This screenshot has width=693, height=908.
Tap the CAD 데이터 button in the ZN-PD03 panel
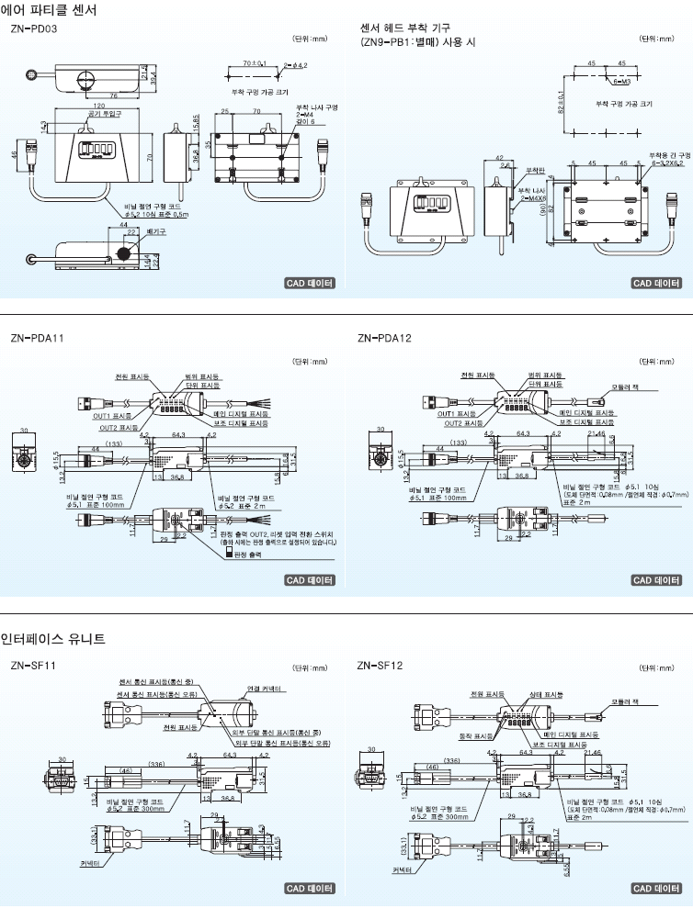[309, 283]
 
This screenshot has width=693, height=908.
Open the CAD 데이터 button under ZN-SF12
[656, 888]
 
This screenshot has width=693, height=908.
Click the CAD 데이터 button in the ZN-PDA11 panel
[309, 579]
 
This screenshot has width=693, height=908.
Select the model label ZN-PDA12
[384, 338]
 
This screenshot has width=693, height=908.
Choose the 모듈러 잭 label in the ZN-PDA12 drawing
[630, 387]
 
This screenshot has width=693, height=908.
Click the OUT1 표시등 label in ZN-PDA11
[113, 415]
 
